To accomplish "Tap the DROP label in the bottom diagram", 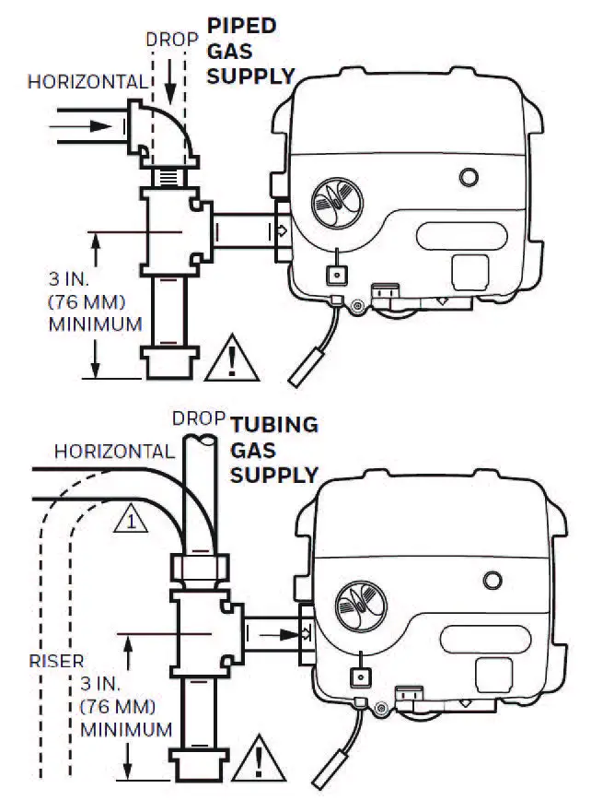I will pos(199,418).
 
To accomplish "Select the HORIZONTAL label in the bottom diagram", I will pos(114,452).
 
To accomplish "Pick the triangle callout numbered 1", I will pos(132,522).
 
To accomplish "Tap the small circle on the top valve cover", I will pos(469,176).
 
